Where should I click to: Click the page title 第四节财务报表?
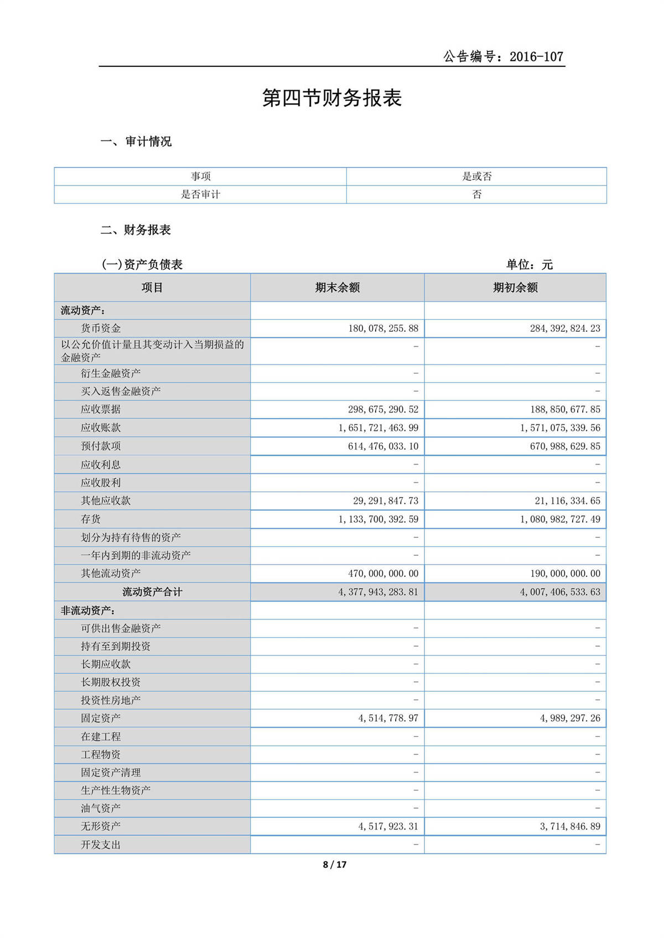pos(331,98)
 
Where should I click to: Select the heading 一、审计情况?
pos(136,142)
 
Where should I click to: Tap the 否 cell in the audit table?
pos(476,194)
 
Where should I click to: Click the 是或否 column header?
pos(476,176)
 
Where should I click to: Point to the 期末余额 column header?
pos(337,288)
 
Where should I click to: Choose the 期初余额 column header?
pos(515,288)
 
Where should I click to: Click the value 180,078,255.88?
pos(383,329)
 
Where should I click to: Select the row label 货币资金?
pos(101,329)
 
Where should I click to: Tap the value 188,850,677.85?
pos(565,410)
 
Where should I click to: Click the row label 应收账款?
pos(101,428)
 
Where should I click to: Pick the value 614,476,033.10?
pos(383,446)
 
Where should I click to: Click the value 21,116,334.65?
pos(567,501)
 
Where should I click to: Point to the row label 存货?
pos(91,519)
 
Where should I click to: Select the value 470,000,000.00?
pos(383,574)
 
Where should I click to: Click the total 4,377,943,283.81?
pos(378,592)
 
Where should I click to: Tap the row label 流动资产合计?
pos(152,592)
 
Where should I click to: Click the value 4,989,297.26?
pos(570,718)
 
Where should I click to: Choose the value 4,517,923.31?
pos(388,826)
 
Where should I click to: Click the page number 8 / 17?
pos(335,864)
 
